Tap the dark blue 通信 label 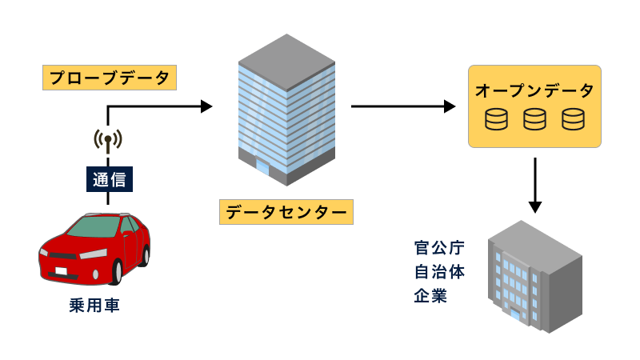click(108, 179)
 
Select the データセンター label click(286, 212)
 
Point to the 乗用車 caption click(94, 306)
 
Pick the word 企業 click(430, 296)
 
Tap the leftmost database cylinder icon click(497, 120)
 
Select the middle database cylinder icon click(534, 120)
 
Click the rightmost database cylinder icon click(572, 120)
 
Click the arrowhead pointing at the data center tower click(207, 106)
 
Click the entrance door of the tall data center click(262, 166)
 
